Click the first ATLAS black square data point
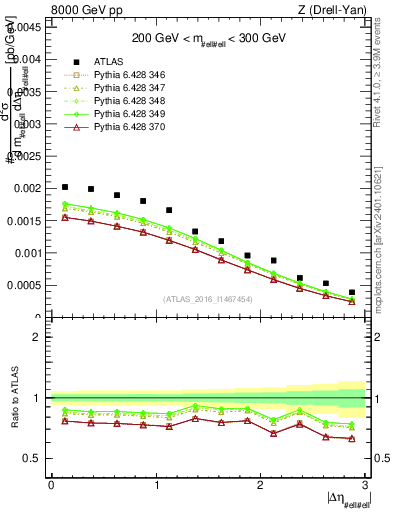[65, 187]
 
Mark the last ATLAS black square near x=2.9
[351, 292]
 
